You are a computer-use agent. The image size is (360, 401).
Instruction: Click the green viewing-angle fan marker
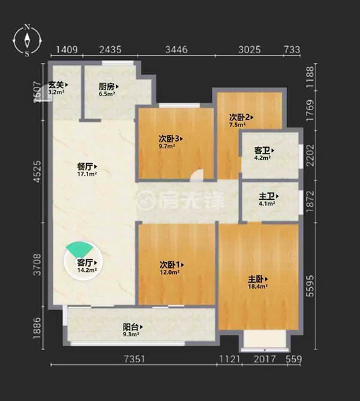click(x=79, y=249)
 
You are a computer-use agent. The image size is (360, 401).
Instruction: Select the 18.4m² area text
click(x=258, y=287)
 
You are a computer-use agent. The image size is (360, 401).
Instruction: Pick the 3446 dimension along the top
click(x=176, y=49)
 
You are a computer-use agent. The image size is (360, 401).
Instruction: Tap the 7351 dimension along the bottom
click(x=134, y=359)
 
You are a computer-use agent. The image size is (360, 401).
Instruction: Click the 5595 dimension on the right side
click(x=310, y=286)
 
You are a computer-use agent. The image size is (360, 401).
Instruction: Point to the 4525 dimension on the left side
click(x=37, y=171)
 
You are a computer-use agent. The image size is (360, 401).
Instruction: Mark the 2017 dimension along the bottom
click(x=264, y=359)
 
